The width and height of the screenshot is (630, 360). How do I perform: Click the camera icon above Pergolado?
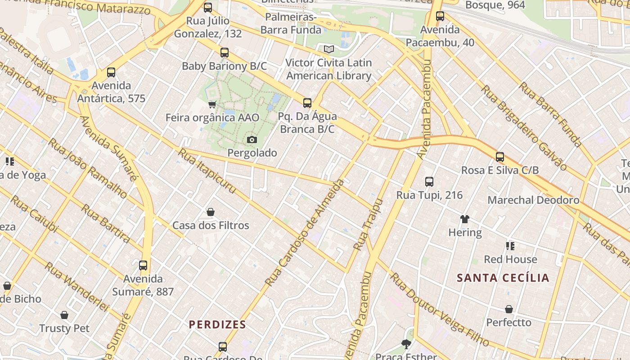pyautogui.click(x=252, y=139)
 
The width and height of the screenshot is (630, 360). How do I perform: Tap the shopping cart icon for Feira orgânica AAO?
pyautogui.click(x=212, y=104)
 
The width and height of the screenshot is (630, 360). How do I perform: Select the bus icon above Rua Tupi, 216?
pyautogui.click(x=429, y=182)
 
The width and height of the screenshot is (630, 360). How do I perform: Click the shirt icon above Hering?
pyautogui.click(x=465, y=219)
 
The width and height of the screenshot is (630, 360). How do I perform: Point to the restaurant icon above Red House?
pyautogui.click(x=510, y=246)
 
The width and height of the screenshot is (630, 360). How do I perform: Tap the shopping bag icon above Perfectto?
pyautogui.click(x=508, y=309)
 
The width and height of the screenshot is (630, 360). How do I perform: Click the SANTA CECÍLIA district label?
pyautogui.click(x=503, y=278)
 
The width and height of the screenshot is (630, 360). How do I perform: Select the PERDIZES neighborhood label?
pyautogui.click(x=217, y=324)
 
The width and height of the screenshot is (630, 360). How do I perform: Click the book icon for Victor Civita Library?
pyautogui.click(x=329, y=49)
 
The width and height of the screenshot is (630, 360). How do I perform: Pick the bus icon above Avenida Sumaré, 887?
pyautogui.click(x=143, y=265)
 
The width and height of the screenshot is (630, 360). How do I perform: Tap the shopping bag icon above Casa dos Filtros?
pyautogui.click(x=210, y=212)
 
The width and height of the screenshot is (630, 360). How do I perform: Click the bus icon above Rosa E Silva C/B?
pyautogui.click(x=499, y=157)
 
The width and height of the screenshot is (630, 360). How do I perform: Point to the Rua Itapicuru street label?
pyautogui.click(x=207, y=171)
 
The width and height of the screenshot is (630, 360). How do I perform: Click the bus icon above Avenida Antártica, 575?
pyautogui.click(x=111, y=72)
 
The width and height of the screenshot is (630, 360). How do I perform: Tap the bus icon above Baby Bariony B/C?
pyautogui.click(x=224, y=53)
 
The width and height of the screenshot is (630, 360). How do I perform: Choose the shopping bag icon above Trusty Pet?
pyautogui.click(x=64, y=315)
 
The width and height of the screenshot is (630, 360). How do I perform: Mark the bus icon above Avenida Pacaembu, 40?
pyautogui.click(x=440, y=16)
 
